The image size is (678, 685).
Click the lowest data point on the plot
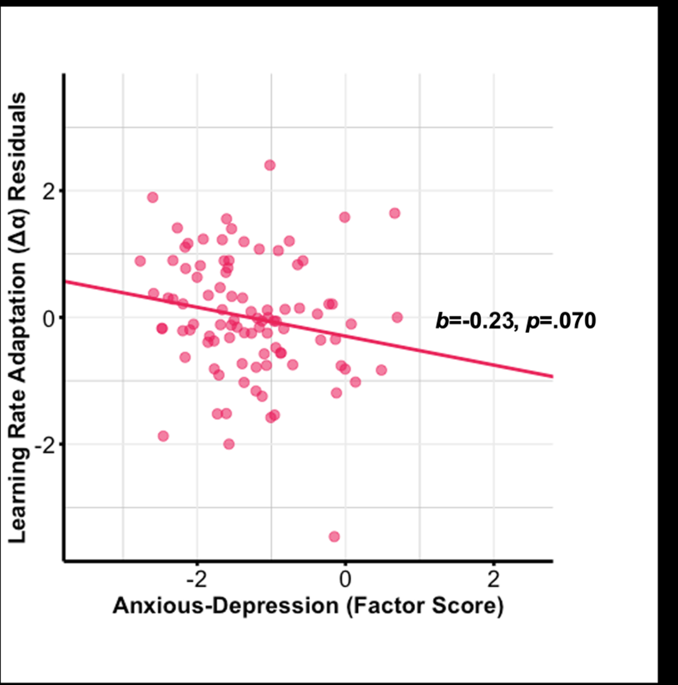pyautogui.click(x=334, y=536)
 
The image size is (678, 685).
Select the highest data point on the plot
pyautogui.click(x=270, y=165)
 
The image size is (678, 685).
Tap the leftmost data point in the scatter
pyautogui.click(x=140, y=261)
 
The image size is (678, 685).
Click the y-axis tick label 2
pyautogui.click(x=49, y=192)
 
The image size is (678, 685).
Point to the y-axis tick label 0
pyautogui.click(x=49, y=318)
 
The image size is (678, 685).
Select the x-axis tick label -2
pyautogui.click(x=197, y=580)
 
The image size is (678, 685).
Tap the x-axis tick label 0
pyautogui.click(x=345, y=580)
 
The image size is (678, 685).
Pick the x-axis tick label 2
pyautogui.click(x=494, y=580)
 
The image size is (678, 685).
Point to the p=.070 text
pyautogui.click(x=561, y=321)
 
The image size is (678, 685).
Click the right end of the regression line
pyautogui.click(x=552, y=376)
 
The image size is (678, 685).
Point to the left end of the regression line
pyautogui.click(x=65, y=282)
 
